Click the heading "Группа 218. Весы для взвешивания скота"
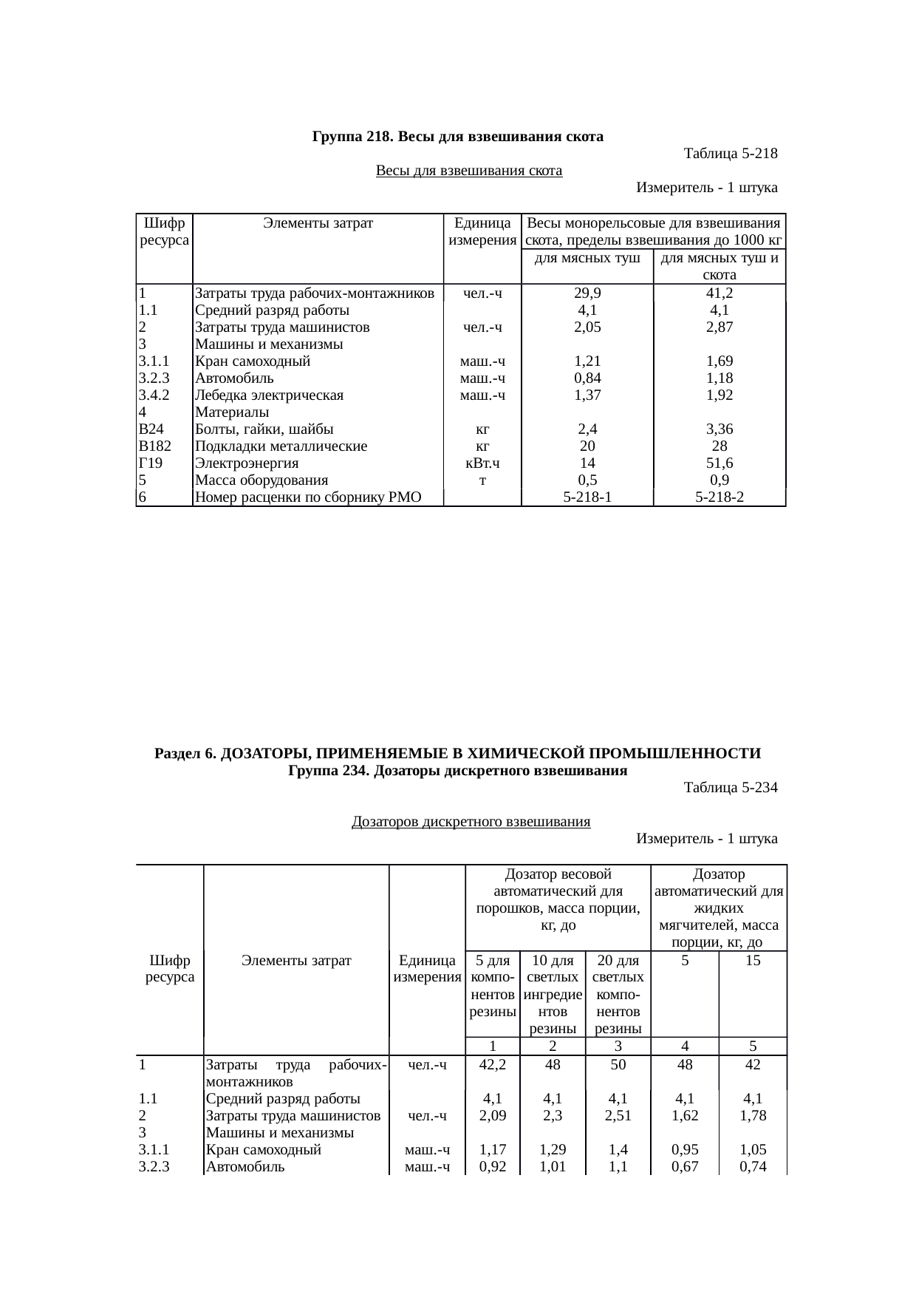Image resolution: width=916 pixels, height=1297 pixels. point(458,137)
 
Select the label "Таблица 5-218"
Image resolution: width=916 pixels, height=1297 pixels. point(731,154)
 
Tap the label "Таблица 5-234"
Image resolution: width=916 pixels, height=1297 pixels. point(731,787)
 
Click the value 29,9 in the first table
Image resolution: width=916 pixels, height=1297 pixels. point(587,293)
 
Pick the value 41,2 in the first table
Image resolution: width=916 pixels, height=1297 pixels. point(719,293)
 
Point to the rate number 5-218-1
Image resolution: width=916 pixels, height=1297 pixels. point(587,497)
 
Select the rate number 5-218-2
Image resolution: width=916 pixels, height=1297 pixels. point(719,497)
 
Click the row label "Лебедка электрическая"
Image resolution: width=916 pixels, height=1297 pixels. point(269,395)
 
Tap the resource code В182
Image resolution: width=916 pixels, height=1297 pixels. point(155,446)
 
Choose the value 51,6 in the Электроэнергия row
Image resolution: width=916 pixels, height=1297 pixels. point(719,463)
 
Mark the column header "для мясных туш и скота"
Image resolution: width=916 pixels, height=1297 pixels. point(719,266)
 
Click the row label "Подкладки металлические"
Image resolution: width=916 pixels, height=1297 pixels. point(281,446)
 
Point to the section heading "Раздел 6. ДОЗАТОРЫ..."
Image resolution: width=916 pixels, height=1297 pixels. point(458,753)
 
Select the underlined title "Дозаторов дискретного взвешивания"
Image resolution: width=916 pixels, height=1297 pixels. point(471,821)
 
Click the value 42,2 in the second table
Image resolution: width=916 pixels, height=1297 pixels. point(492,1065)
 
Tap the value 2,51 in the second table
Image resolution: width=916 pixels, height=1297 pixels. point(617,1116)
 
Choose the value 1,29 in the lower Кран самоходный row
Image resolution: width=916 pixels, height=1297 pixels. point(553,1150)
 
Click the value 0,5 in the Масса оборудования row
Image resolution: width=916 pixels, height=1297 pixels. point(587,480)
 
